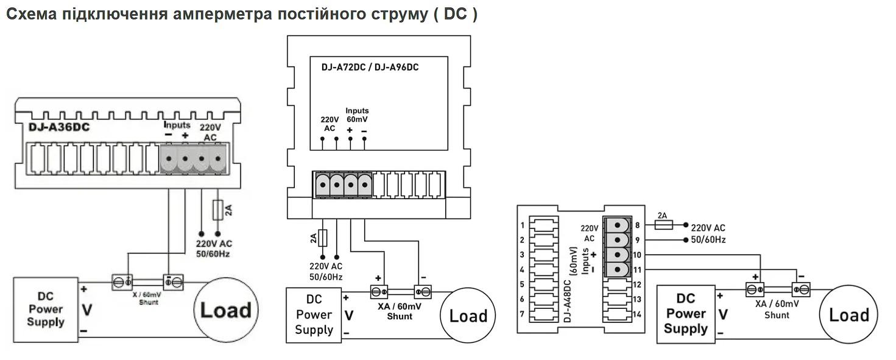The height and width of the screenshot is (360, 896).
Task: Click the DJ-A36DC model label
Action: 59,127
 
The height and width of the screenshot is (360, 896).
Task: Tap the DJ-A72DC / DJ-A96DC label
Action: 370,67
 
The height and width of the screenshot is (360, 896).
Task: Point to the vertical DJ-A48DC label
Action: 567,301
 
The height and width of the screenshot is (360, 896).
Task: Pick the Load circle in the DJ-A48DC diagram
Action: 849,314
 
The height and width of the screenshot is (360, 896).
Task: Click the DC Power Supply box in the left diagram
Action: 46,310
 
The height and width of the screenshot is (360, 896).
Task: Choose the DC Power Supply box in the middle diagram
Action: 314,315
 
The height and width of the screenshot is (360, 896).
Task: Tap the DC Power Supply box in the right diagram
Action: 686,314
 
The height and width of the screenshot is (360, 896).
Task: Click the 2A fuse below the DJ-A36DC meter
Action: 217,210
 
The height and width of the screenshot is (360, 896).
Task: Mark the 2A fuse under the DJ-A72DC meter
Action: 322,238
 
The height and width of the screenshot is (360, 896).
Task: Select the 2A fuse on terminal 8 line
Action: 663,225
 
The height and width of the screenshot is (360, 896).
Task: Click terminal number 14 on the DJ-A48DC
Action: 637,314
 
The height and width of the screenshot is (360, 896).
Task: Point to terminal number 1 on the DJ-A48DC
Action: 523,225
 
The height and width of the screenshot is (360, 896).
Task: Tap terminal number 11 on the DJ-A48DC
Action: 637,270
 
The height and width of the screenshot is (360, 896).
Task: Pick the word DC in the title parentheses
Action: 456,14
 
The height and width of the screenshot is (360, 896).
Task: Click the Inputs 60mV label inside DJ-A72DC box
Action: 357,115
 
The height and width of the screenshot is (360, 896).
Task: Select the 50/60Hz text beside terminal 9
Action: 708,240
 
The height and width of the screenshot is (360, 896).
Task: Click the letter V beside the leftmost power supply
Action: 87,309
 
